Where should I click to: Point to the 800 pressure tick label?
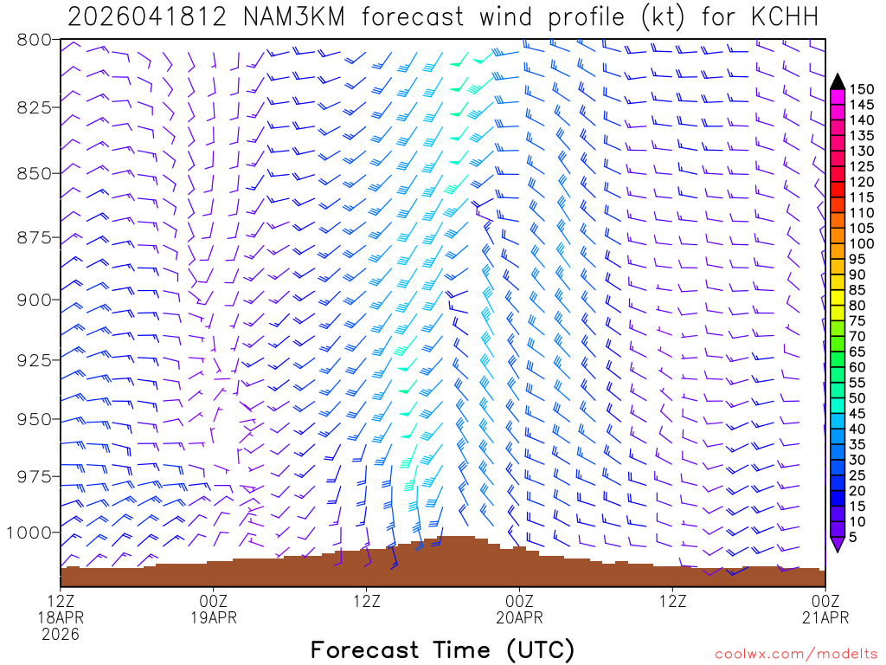[x=34, y=40]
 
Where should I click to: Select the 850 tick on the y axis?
[x=34, y=173]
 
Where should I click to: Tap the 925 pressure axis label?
[x=34, y=359]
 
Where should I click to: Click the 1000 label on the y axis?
[x=29, y=532]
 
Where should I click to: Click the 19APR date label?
[x=213, y=617]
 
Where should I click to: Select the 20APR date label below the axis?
[x=519, y=617]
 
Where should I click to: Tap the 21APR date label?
[x=825, y=617]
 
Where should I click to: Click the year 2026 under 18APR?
[x=60, y=634]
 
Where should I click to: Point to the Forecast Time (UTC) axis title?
[x=442, y=649]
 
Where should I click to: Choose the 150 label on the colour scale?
[x=862, y=88]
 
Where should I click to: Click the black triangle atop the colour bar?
[x=838, y=81]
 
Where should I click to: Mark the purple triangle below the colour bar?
[x=838, y=544]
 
